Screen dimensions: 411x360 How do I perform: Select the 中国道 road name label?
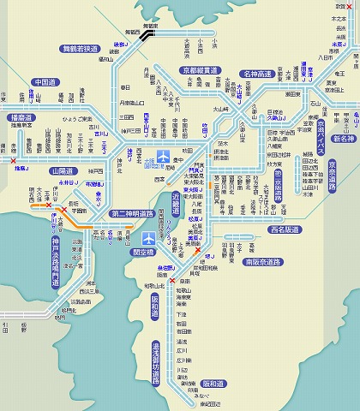[x=45, y=83]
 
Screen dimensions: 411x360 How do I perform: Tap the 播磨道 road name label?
[x=21, y=117]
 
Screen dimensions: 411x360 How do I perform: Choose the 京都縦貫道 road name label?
[x=200, y=70]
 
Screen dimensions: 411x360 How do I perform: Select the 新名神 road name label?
[x=344, y=138]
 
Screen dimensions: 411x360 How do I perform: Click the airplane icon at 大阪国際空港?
[x=164, y=156]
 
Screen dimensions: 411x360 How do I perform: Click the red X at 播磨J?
[x=11, y=159]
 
